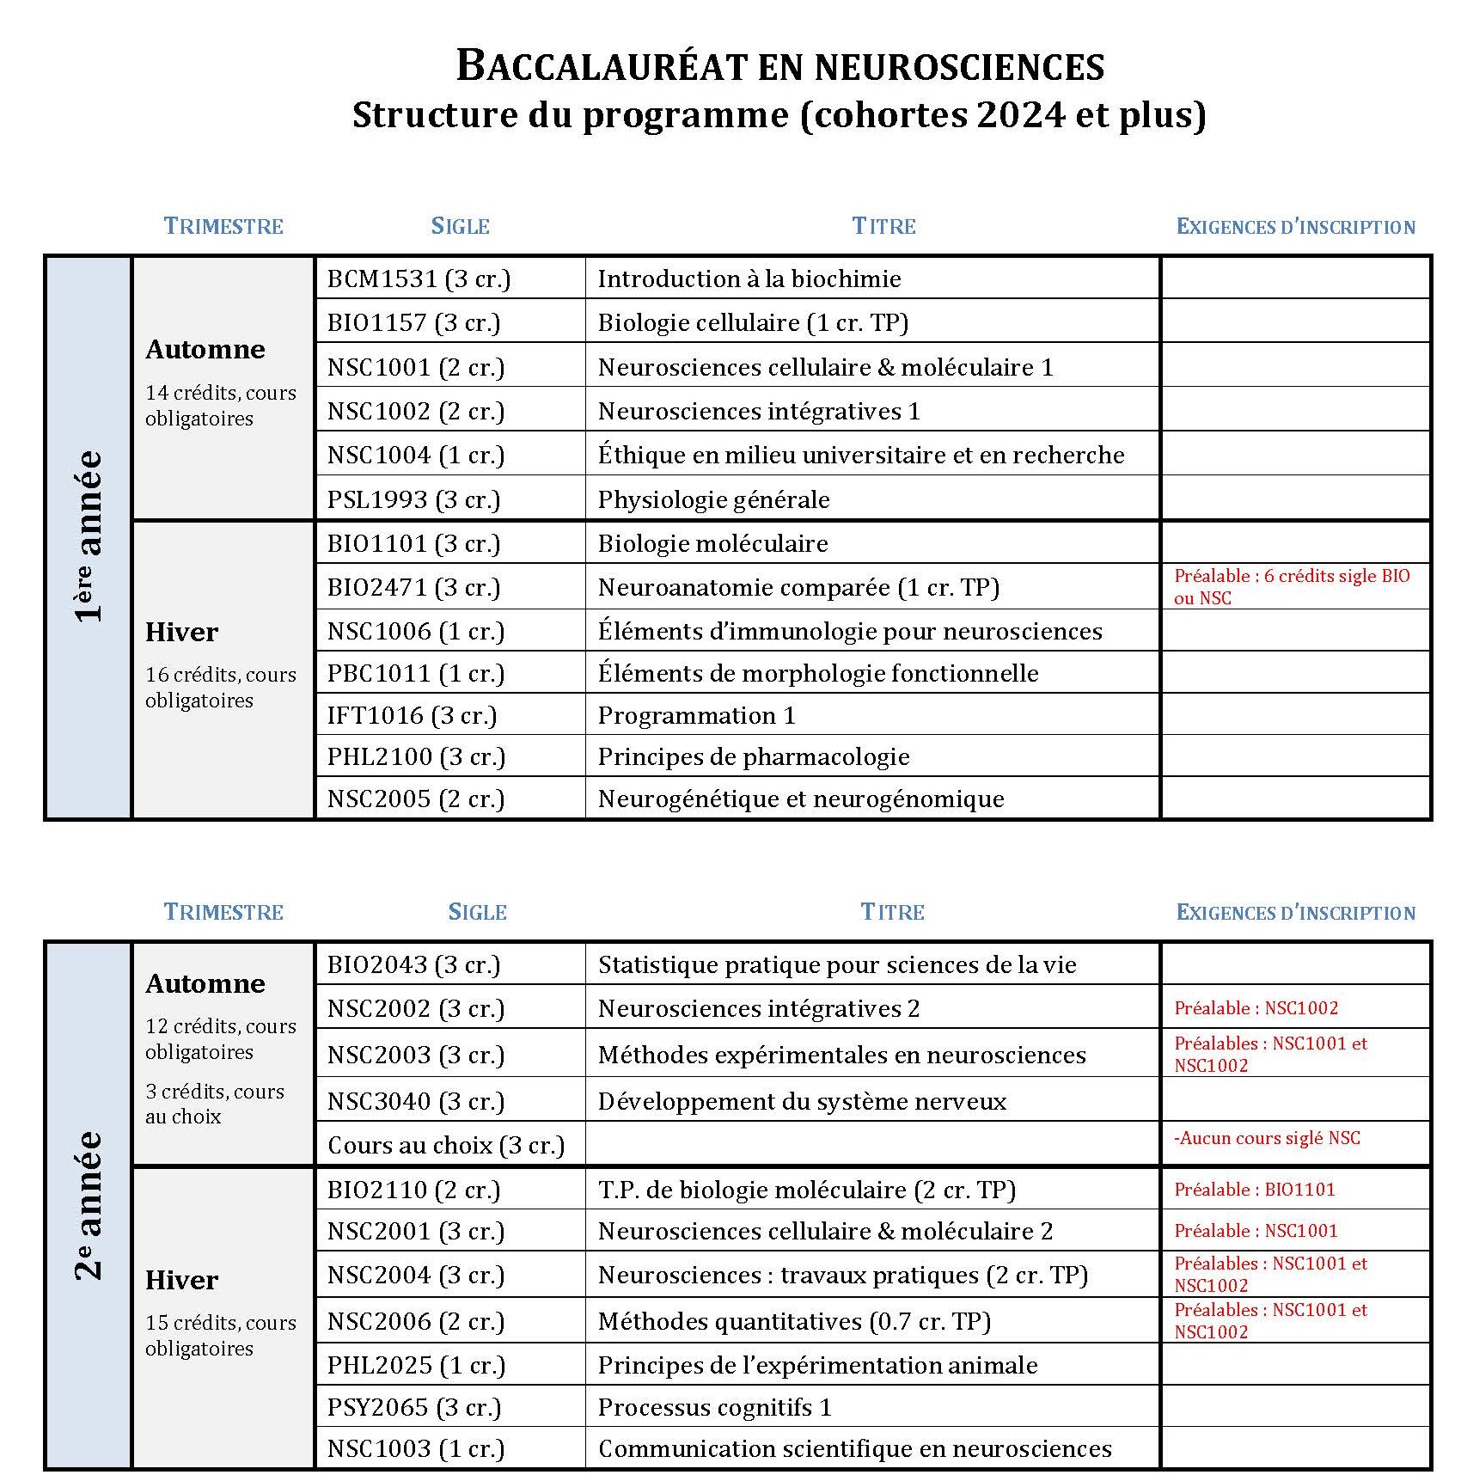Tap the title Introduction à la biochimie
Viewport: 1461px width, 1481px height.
[x=749, y=278]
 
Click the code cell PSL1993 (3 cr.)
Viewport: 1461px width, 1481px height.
[x=413, y=499]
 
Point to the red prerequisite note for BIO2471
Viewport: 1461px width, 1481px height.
[x=1291, y=587]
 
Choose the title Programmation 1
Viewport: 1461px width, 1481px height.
[x=696, y=715]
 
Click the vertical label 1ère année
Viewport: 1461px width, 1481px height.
[x=89, y=535]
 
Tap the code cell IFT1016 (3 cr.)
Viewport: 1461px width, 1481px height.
[x=412, y=715]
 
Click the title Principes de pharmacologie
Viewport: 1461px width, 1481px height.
[x=753, y=756]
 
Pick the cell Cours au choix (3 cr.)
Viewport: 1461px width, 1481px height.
[x=446, y=1145]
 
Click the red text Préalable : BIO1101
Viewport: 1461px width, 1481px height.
[x=1254, y=1190]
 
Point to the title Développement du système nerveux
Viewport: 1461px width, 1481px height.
[x=801, y=1101]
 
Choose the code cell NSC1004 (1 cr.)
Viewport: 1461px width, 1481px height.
[x=415, y=455]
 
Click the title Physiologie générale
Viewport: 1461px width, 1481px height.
[x=713, y=499]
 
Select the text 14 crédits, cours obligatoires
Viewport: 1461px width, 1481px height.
[x=220, y=405]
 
